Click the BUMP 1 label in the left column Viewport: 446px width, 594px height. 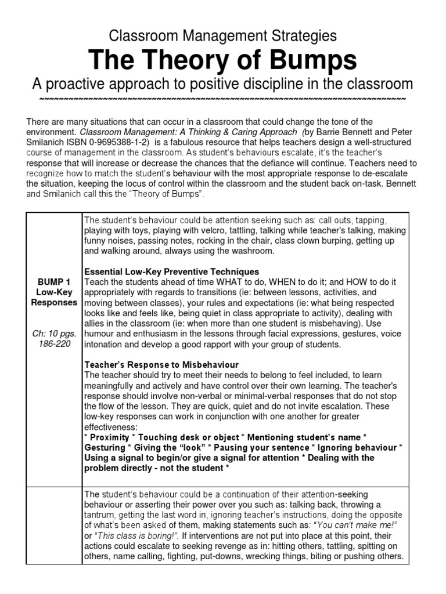pyautogui.click(x=54, y=282)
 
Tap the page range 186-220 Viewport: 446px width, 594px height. pyautogui.click(x=54, y=345)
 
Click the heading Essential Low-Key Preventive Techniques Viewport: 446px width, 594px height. pyautogui.click(x=172, y=271)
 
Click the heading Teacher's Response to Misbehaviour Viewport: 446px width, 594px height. pyautogui.click(x=161, y=365)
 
